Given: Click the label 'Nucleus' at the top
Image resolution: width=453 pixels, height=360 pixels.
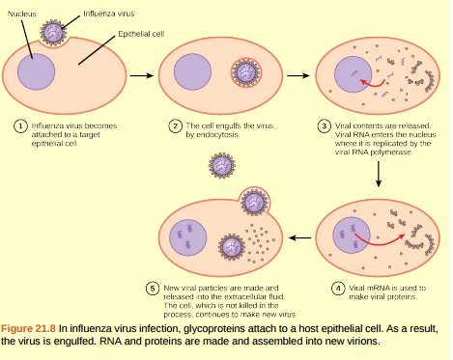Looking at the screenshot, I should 21,13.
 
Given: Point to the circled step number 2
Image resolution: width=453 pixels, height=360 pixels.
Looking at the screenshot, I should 174,125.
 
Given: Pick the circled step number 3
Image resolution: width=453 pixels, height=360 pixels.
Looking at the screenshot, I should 326,125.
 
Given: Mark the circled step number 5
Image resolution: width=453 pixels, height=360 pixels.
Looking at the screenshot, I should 153,288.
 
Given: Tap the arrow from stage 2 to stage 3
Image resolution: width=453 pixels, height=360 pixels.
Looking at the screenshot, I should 297,75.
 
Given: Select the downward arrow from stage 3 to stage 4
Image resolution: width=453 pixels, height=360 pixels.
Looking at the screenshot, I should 378,172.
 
